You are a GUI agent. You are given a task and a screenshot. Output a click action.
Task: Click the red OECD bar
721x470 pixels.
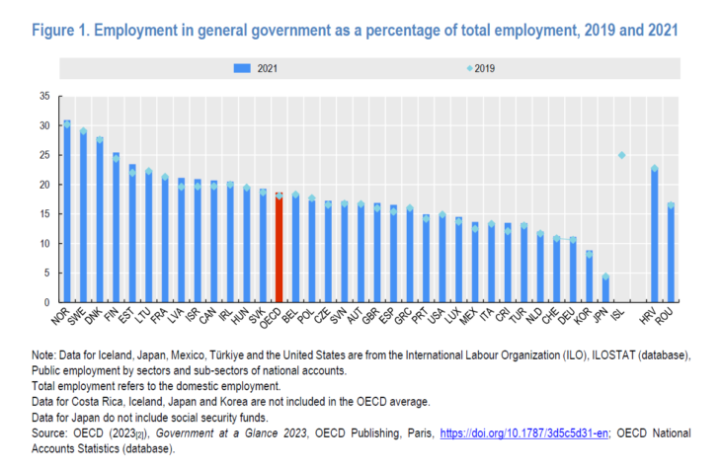point(279,248)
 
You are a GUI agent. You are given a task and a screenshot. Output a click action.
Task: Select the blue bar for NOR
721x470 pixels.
point(67,212)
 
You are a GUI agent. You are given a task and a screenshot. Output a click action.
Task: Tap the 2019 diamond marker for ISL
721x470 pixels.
point(620,155)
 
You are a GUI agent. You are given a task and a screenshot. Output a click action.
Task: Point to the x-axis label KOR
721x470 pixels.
point(586,318)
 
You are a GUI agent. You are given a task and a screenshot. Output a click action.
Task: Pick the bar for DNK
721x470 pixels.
point(100,221)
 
